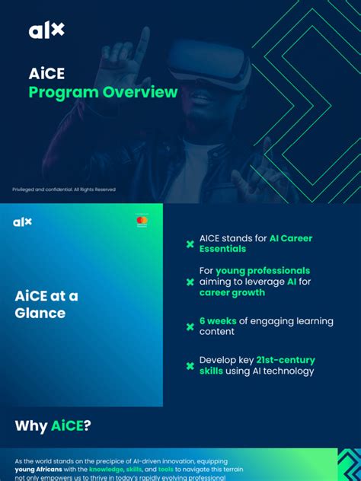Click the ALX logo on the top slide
tap(46, 30)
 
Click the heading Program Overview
tap(103, 93)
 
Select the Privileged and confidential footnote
tap(64, 190)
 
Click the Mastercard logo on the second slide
tap(142, 221)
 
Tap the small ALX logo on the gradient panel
tap(23, 222)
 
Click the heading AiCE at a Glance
tap(46, 304)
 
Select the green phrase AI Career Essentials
tap(290, 239)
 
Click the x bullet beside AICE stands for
tap(190, 244)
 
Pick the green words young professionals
tap(263, 271)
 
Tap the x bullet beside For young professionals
tap(190, 282)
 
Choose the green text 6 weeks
tap(218, 321)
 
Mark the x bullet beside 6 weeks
tap(190, 327)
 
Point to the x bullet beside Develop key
tap(190, 366)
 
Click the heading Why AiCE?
tap(53, 425)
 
